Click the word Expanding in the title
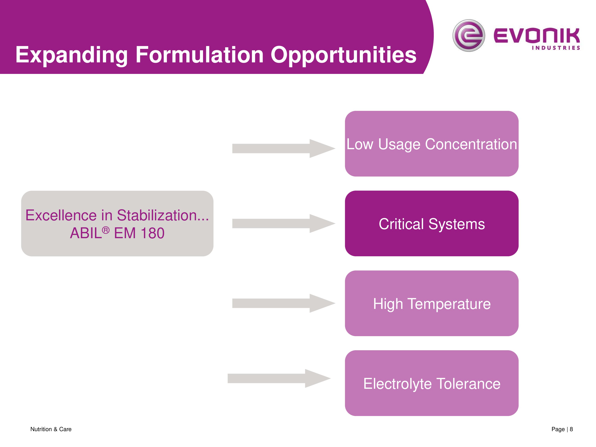point(71,55)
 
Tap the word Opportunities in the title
point(343,55)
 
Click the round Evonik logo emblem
point(469,35)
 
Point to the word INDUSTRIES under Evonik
point(556,48)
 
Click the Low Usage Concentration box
point(432,144)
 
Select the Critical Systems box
point(432,223)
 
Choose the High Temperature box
point(432,303)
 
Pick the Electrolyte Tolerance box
point(432,383)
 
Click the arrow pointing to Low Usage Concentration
point(284,148)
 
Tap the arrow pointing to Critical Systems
point(284,223)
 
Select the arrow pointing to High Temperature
point(284,303)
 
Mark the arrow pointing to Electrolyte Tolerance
point(279,378)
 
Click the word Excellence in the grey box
point(61,215)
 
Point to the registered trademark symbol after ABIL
point(106,230)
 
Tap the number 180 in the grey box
point(153,233)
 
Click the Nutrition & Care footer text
point(51,429)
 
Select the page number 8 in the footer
point(571,429)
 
